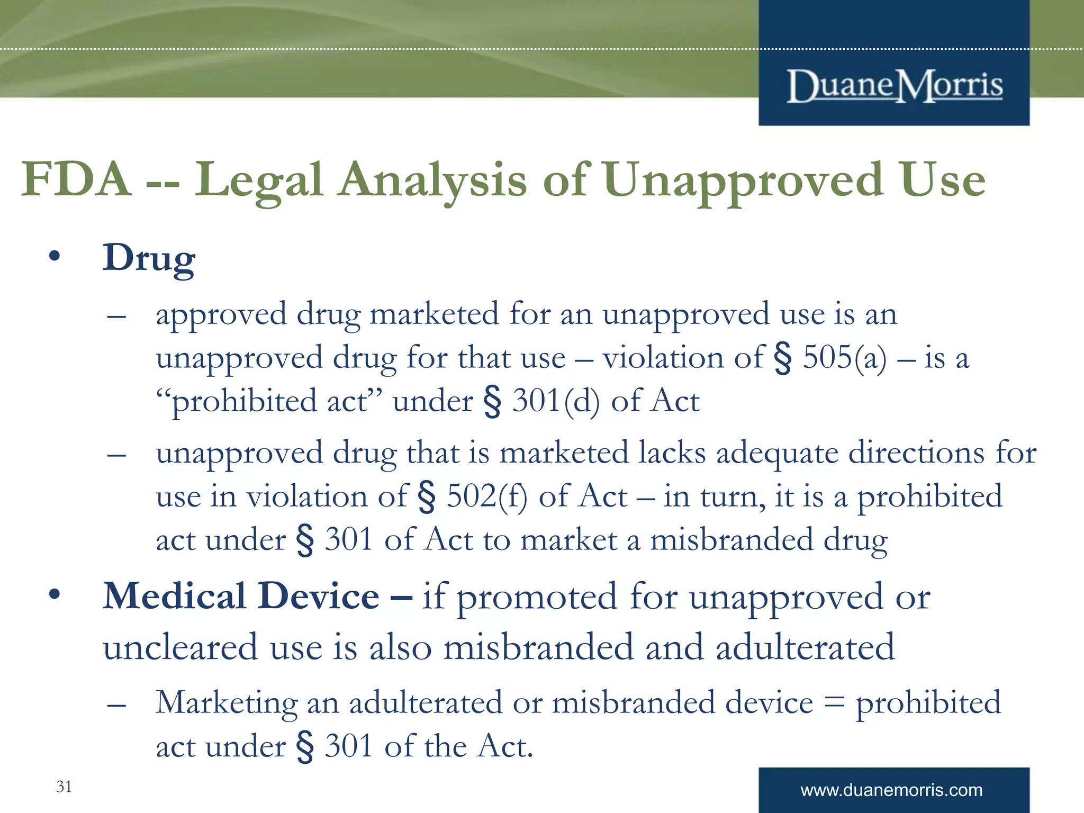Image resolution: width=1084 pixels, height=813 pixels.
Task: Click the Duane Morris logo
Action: (894, 86)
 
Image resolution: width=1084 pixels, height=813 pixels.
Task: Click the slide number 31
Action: (64, 787)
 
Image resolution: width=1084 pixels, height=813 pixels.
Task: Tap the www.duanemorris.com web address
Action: (891, 790)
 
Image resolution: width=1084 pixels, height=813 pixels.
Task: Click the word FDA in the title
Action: (77, 179)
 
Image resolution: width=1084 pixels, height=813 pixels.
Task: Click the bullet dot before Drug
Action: (55, 257)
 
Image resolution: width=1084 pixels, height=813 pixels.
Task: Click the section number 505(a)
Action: (844, 357)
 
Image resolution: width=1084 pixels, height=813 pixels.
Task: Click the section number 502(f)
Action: (486, 496)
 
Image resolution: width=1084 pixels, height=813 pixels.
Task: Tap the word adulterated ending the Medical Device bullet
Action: (805, 647)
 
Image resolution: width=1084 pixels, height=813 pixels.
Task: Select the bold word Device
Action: (319, 596)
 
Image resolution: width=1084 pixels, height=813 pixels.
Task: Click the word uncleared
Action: (180, 647)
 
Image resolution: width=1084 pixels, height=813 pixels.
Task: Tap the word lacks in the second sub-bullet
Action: (672, 453)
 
